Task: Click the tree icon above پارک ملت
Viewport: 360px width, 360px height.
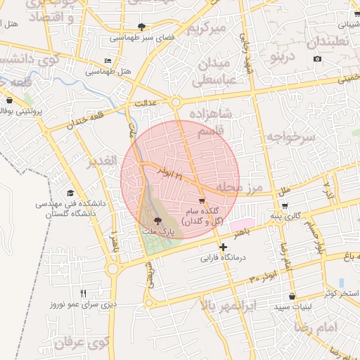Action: tap(156, 220)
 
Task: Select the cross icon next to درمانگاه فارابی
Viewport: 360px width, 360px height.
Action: tap(224, 247)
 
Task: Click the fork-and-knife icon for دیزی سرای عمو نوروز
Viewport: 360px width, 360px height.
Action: tap(84, 293)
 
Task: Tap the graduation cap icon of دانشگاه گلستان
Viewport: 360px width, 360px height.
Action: tap(70, 193)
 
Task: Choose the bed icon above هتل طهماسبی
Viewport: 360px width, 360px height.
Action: tap(107, 61)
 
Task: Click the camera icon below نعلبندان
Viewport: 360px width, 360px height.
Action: tap(318, 58)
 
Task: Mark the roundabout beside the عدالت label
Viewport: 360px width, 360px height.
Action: tap(175, 103)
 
